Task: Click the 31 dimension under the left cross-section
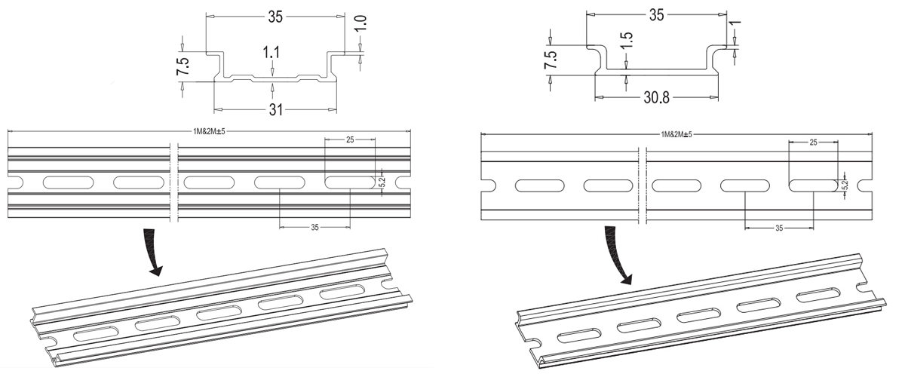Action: [275, 110]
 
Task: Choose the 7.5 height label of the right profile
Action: [551, 60]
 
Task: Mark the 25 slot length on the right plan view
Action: [812, 142]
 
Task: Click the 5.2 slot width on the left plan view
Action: [382, 182]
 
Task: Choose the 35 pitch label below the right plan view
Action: [779, 227]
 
